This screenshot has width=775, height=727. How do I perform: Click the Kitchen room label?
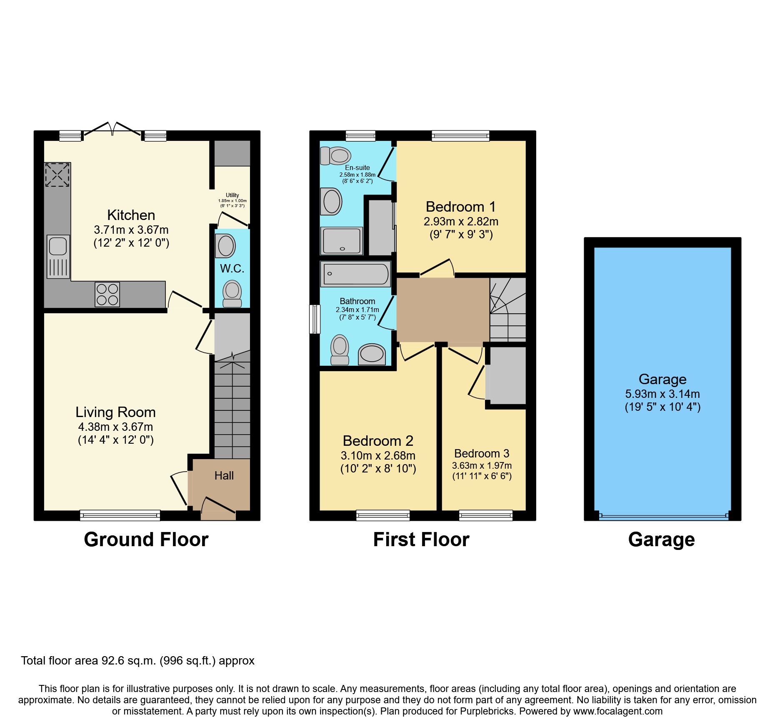point(131,215)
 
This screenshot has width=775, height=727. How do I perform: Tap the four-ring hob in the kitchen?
point(107,294)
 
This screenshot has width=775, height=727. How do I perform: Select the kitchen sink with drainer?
point(58,256)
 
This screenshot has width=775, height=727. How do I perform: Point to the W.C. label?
point(232,268)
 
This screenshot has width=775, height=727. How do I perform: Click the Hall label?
point(224,476)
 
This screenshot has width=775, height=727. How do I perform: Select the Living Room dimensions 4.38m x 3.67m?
point(115,427)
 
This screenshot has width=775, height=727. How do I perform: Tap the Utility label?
point(232,195)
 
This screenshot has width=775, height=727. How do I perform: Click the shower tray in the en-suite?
point(342,241)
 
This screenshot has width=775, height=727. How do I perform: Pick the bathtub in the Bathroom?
point(355,274)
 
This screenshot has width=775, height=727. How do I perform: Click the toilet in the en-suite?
point(335,156)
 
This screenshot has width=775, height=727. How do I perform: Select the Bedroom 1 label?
point(460,207)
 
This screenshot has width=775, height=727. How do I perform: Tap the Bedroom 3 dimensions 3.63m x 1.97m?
point(482,465)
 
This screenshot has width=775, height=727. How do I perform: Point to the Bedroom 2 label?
point(377,441)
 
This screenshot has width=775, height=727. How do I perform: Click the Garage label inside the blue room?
point(662,379)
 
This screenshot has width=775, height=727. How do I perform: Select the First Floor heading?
point(421,540)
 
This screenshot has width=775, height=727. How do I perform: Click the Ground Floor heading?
point(146,540)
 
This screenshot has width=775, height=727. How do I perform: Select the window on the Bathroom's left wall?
point(315,319)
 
